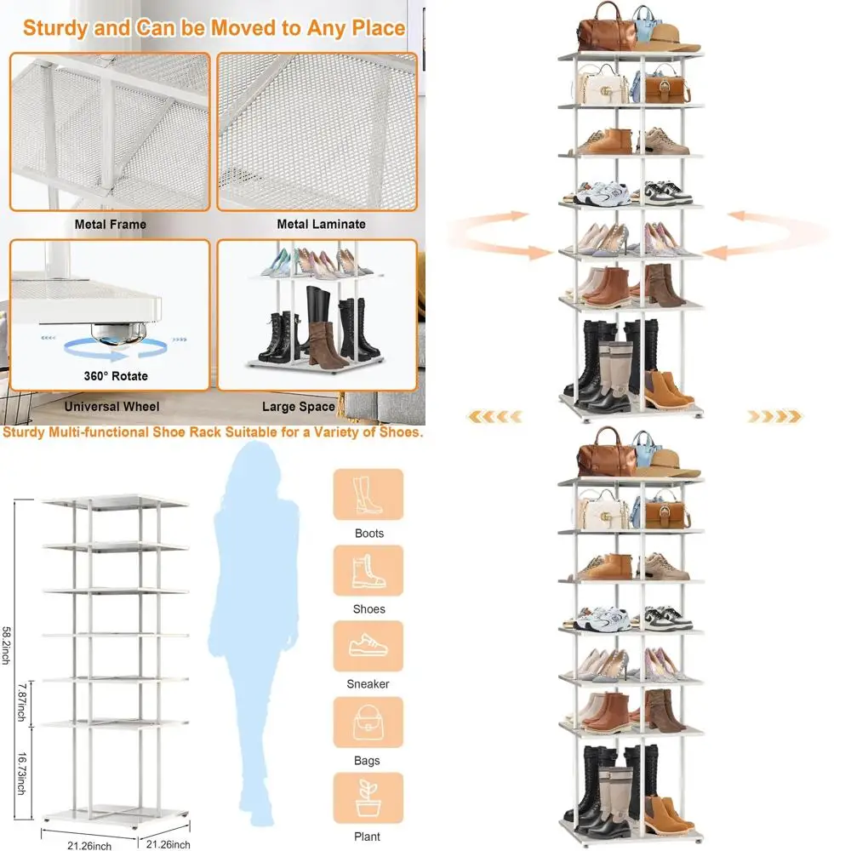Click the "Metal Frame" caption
[111, 225]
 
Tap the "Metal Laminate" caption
[321, 225]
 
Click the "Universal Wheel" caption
[111, 407]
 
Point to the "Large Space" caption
[298, 407]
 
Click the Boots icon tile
[368, 494]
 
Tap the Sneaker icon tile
[368, 646]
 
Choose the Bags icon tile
[368, 722]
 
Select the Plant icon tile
[368, 797]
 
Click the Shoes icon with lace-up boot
[368, 570]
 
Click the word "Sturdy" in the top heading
[55, 27]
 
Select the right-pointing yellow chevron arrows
[774, 416]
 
